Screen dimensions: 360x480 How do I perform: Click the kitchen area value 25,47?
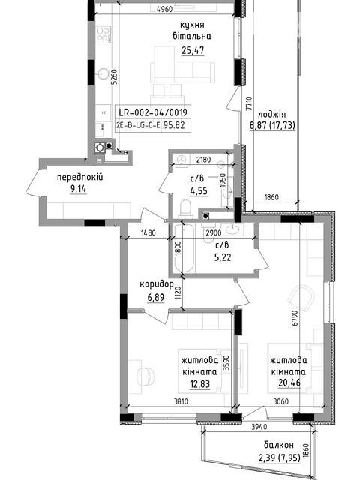pyautogui.click(x=193, y=50)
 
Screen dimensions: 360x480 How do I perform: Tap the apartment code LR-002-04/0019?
pyautogui.click(x=153, y=112)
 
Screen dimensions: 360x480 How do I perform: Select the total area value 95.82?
pyautogui.click(x=174, y=125)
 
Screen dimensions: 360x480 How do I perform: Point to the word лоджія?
pyautogui.click(x=272, y=115)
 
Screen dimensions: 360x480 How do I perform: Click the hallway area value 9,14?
pyautogui.click(x=78, y=190)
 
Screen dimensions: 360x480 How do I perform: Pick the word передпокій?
pyautogui.click(x=80, y=177)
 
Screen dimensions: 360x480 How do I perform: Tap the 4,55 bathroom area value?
pyautogui.click(x=199, y=191)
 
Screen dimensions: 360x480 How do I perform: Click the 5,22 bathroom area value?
pyautogui.click(x=223, y=258)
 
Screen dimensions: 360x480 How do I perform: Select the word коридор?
pyautogui.click(x=157, y=285)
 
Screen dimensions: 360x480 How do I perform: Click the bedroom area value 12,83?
pyautogui.click(x=200, y=383)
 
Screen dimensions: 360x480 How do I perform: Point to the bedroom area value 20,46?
pyautogui.click(x=289, y=382)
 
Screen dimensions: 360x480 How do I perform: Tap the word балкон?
pyautogui.click(x=279, y=445)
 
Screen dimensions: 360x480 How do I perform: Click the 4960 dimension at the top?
pyautogui.click(x=164, y=10)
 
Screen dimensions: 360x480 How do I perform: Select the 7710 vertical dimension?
pyautogui.click(x=249, y=103)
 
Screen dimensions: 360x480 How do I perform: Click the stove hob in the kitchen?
pyautogui.click(x=103, y=34)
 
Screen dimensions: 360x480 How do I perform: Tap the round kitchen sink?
pyautogui.click(x=103, y=73)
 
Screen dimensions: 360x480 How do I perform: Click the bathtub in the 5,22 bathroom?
pyautogui.click(x=184, y=248)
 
